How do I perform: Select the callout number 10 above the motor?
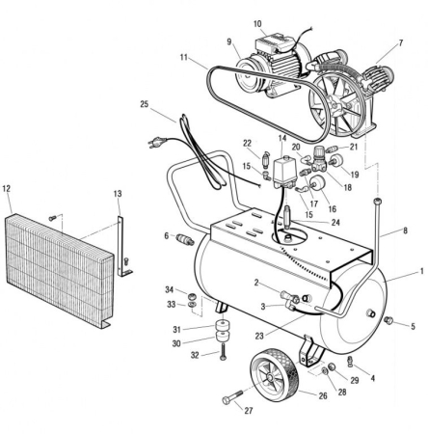tap(257, 23)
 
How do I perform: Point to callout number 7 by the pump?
tap(399, 43)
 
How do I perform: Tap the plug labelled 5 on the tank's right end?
tap(388, 319)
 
